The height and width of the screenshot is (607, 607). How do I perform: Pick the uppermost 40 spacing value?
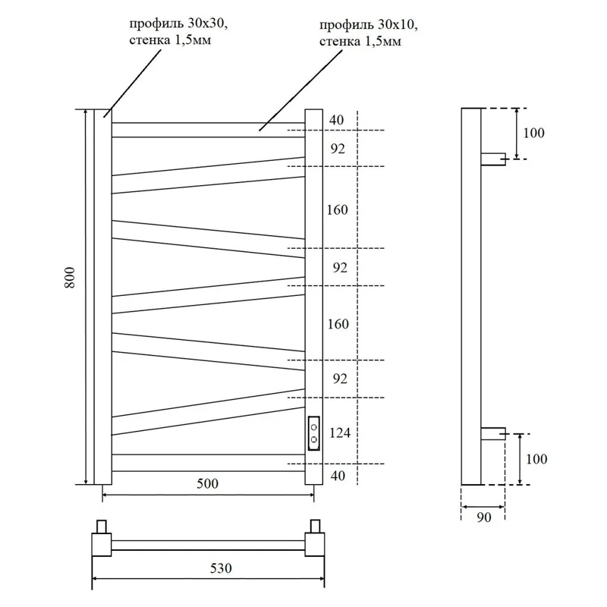(x=337, y=120)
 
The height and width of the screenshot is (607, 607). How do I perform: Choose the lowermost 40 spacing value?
(x=337, y=476)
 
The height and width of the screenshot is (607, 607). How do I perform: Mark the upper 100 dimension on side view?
(x=534, y=134)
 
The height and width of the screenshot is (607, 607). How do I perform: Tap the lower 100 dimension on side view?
(x=534, y=459)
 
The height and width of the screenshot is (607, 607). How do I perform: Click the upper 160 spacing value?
(x=337, y=209)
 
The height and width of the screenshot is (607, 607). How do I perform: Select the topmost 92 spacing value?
(x=337, y=149)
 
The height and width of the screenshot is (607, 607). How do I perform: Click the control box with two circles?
(x=313, y=432)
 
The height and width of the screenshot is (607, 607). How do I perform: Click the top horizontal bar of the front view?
(x=208, y=130)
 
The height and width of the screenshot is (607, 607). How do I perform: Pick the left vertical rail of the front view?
(x=102, y=296)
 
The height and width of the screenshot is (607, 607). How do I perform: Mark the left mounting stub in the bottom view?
(x=101, y=527)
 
